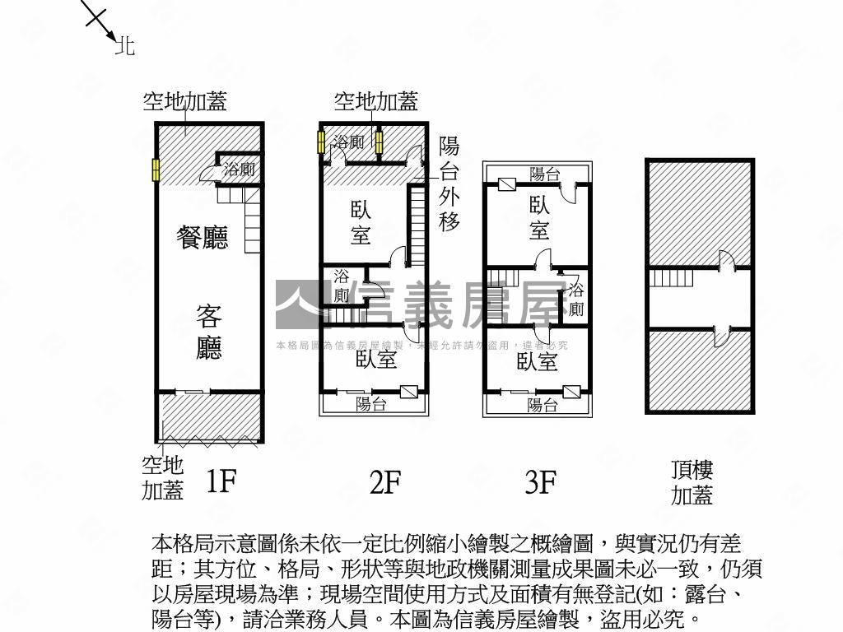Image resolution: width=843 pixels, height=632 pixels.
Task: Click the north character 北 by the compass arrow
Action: (x=125, y=46)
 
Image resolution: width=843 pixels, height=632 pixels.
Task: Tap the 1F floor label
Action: (x=221, y=481)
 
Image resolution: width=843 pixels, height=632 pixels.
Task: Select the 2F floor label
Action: (x=384, y=482)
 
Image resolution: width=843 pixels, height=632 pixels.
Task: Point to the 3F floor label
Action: (x=541, y=482)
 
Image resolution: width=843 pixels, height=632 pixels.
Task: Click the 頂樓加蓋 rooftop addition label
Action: (x=692, y=482)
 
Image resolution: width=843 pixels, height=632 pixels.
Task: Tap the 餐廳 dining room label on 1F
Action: (x=203, y=238)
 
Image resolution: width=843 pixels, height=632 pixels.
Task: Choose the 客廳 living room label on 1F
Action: (x=209, y=332)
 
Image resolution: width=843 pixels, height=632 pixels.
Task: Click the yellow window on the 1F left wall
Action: (x=154, y=170)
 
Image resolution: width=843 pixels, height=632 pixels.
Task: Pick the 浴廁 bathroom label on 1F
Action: (x=239, y=170)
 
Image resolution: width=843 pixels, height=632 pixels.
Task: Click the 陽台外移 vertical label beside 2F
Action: (x=449, y=184)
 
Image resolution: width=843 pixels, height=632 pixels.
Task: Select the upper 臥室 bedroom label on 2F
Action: (x=360, y=222)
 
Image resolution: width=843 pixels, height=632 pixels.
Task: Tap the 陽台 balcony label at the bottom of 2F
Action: (x=371, y=404)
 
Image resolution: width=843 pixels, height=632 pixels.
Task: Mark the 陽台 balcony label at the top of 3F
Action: (x=544, y=174)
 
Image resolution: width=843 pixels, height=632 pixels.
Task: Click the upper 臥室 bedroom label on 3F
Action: (x=539, y=217)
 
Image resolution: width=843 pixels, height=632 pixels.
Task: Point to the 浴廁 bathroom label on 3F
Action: (x=576, y=300)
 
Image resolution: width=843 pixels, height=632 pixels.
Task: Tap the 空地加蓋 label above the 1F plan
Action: (x=184, y=101)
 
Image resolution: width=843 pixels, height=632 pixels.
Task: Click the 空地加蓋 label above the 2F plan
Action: (x=375, y=101)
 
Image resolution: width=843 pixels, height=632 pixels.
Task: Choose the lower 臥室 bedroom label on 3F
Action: (x=538, y=361)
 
